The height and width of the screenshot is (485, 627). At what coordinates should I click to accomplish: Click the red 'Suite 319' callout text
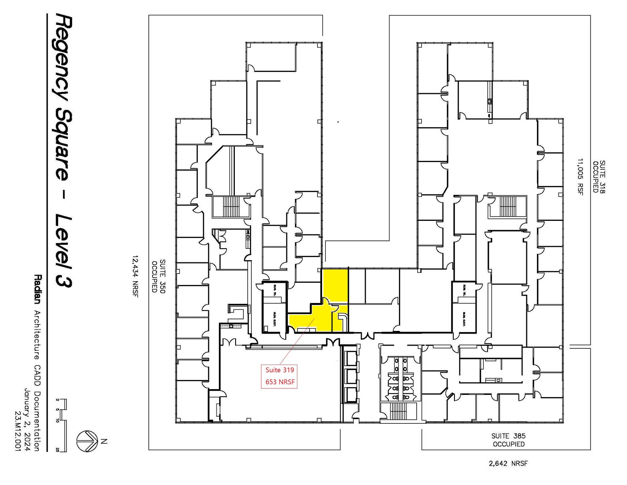click(279, 370)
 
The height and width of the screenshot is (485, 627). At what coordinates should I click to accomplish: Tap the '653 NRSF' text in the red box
click(280, 382)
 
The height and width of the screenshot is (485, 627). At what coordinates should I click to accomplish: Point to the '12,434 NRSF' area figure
click(135, 276)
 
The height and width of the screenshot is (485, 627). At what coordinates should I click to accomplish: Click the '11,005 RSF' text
click(580, 177)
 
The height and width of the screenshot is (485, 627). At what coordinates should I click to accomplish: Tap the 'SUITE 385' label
click(508, 436)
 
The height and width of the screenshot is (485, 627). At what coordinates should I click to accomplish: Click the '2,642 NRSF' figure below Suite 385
click(508, 463)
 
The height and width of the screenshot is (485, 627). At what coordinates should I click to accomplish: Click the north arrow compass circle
click(87, 441)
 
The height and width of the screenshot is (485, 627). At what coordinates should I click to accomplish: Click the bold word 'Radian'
click(37, 289)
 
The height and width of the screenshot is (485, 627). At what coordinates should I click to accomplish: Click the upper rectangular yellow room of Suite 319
click(335, 285)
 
